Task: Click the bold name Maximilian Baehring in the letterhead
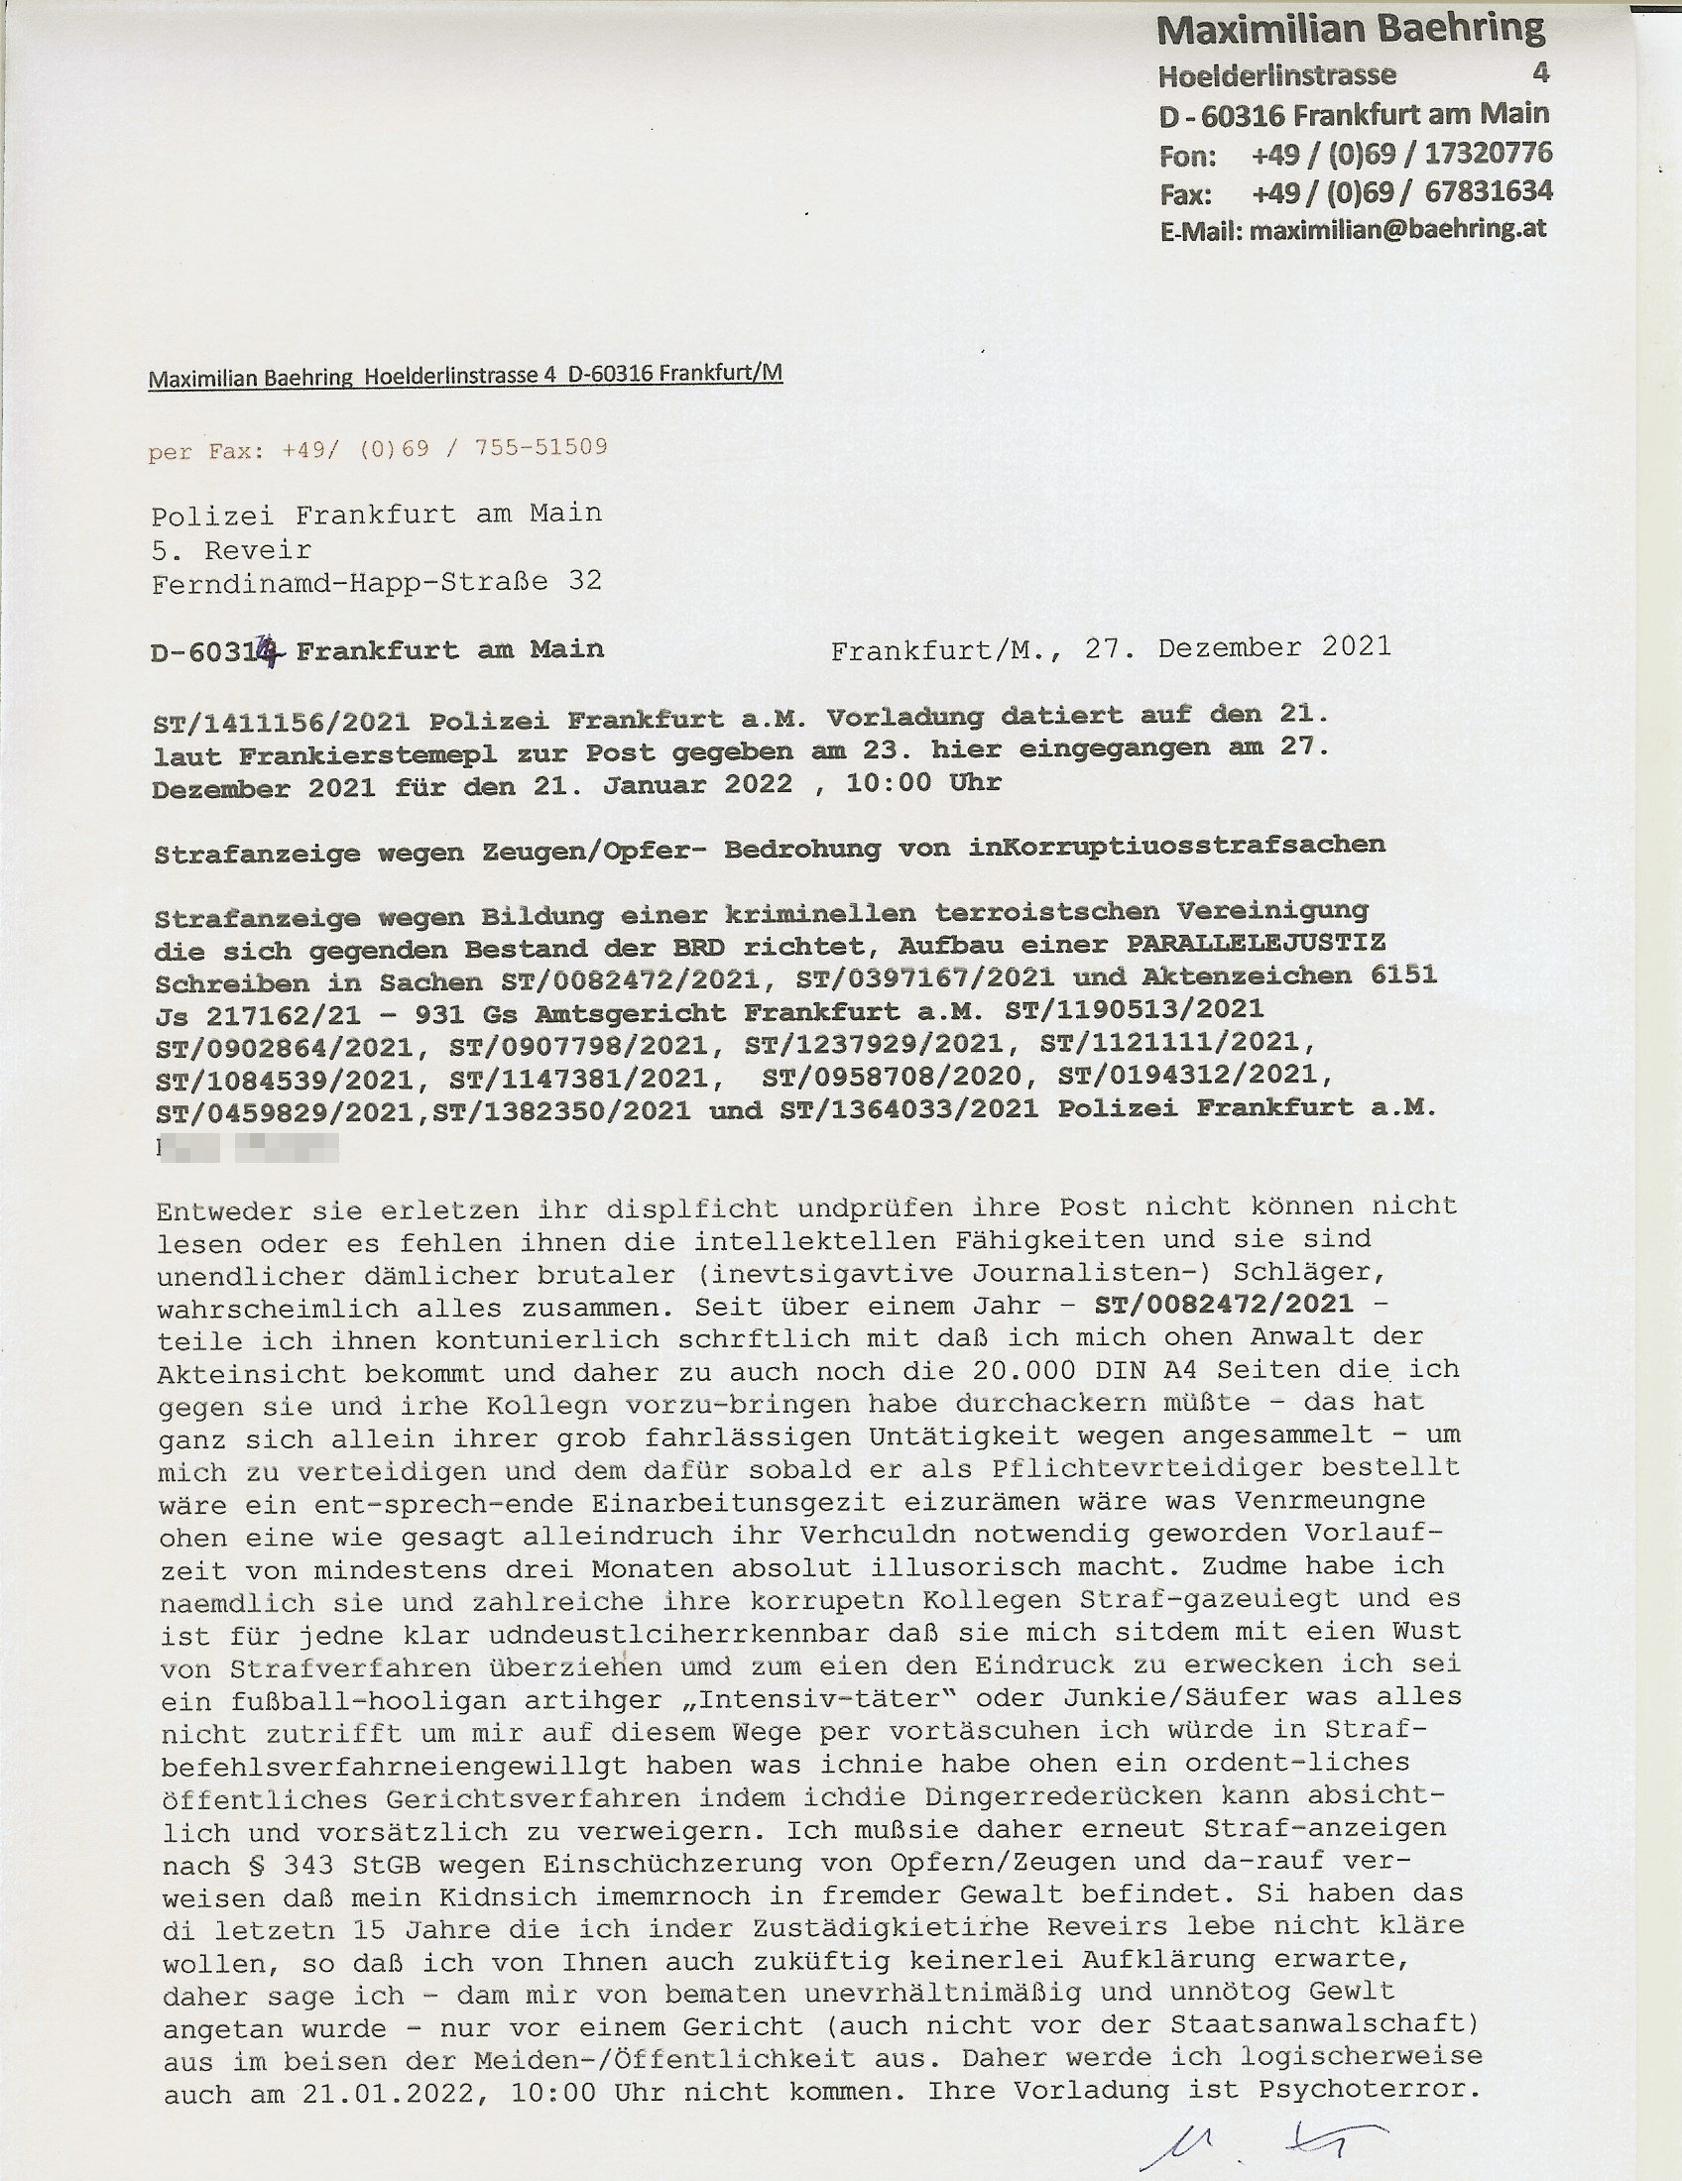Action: (1351, 30)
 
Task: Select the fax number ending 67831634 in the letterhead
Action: (1401, 191)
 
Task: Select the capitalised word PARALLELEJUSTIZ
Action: (1256, 945)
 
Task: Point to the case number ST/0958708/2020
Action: (892, 1077)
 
